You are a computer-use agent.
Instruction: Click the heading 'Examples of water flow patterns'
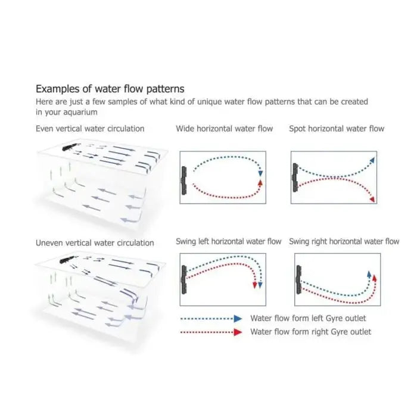110,89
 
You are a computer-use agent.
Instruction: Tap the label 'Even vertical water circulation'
90,129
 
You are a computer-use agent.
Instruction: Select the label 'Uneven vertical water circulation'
95,243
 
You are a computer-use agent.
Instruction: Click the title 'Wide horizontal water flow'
224,129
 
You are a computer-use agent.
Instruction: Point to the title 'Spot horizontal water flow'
337,129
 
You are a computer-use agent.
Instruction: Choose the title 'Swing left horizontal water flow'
228,241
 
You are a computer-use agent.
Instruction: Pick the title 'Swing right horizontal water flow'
344,241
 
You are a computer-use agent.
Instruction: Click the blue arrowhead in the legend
238,319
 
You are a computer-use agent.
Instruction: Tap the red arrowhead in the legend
238,332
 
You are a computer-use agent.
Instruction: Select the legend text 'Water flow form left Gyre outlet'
308,318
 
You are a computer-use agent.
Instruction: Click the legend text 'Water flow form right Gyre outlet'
310,332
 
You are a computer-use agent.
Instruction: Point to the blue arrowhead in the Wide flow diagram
260,173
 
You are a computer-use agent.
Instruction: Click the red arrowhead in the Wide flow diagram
260,182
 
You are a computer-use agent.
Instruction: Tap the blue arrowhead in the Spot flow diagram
372,160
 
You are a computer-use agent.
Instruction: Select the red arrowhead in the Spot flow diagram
372,199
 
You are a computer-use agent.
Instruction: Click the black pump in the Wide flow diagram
184,181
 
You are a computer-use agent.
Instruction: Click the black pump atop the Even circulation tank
70,147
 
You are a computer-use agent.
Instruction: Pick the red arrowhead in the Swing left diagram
255,285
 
